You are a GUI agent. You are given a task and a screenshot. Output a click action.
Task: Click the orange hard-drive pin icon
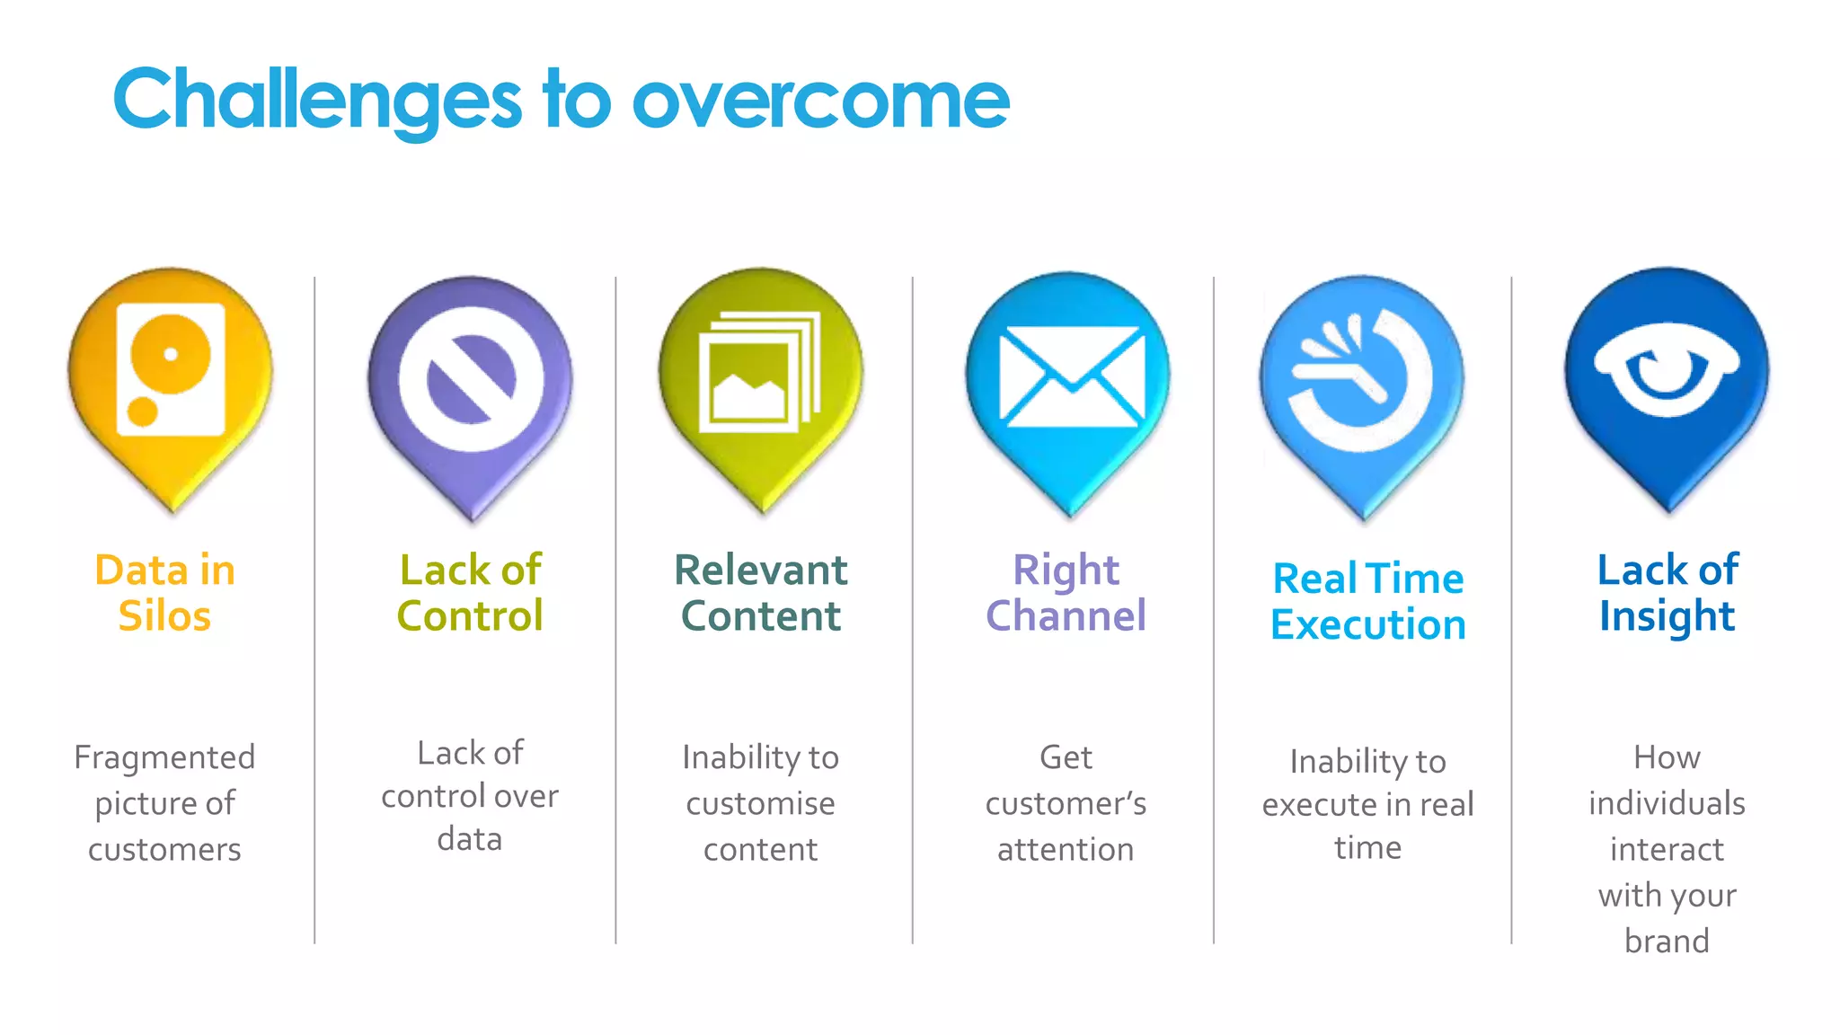point(171,377)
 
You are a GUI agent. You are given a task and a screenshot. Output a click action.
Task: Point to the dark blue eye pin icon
point(1667,373)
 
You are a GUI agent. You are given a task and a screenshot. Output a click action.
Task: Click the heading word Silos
point(164,616)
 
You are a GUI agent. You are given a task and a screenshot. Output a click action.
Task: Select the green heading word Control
point(470,616)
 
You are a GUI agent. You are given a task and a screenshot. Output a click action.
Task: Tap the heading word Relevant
point(761,570)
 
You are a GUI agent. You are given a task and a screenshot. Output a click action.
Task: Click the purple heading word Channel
point(1066,616)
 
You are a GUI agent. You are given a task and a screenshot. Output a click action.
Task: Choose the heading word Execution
point(1367,624)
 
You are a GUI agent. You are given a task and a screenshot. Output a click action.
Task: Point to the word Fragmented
point(164,757)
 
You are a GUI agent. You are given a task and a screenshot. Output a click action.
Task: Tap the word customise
point(760,803)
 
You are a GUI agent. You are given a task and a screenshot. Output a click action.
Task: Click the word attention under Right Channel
point(1066,849)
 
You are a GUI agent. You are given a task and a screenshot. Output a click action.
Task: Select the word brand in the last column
point(1667,941)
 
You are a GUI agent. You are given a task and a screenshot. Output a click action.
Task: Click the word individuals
point(1667,803)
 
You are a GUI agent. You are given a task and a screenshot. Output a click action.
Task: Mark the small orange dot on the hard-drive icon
point(142,411)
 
